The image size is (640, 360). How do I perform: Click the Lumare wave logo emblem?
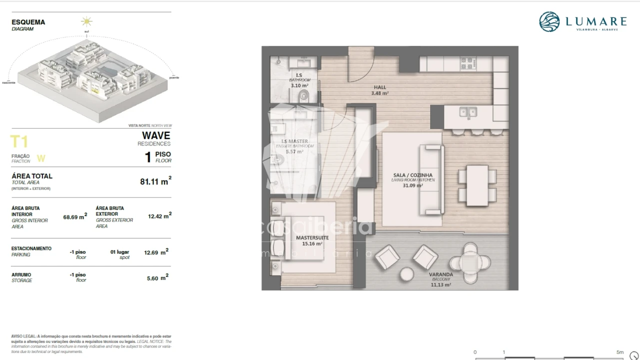550,22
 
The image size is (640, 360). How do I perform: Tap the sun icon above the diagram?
87,21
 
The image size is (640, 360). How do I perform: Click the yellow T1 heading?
19,142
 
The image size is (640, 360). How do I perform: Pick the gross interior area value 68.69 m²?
75,217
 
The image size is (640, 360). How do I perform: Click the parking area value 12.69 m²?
156,252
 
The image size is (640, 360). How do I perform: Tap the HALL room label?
380,87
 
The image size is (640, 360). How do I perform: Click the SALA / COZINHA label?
409,175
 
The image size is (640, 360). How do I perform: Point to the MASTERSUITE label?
312,237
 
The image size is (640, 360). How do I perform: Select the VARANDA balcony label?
441,274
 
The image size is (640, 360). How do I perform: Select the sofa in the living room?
432,179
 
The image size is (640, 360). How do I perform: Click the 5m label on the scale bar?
620,352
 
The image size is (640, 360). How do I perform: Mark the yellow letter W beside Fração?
41,158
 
